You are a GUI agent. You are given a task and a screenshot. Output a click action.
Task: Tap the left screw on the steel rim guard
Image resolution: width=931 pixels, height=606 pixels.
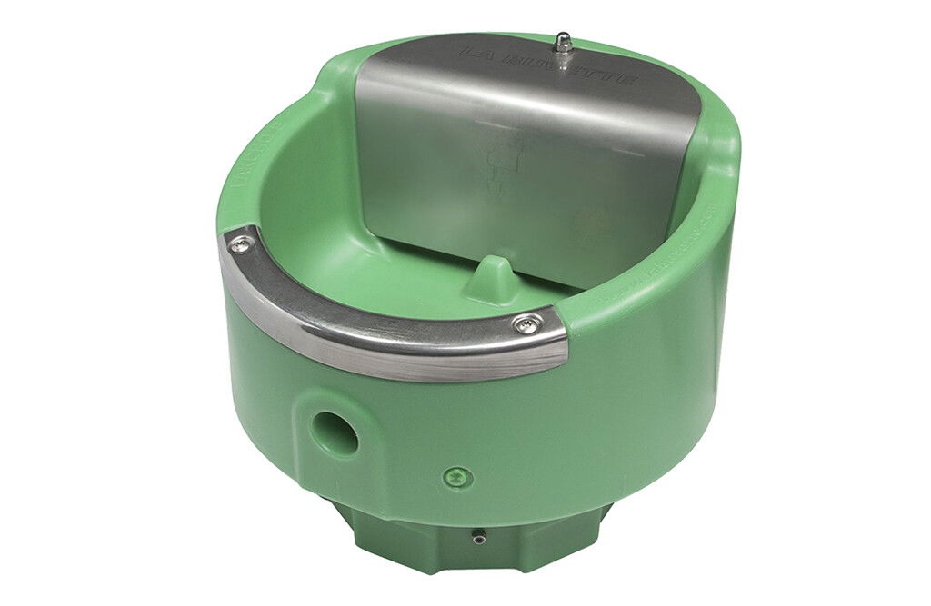tap(242, 242)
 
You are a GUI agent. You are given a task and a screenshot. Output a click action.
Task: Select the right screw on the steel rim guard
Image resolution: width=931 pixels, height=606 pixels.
tap(526, 324)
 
